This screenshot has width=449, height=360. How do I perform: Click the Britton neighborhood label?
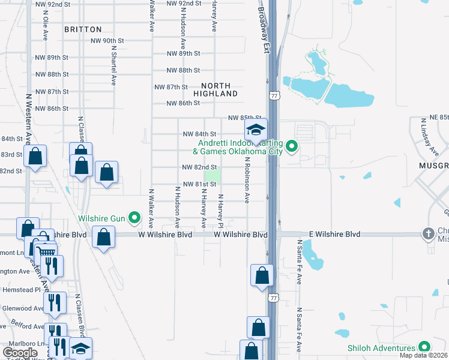83,29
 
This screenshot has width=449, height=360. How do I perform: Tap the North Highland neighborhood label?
215,90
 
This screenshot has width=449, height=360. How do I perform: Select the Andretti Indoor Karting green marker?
292,146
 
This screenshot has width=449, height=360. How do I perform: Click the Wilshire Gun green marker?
134,217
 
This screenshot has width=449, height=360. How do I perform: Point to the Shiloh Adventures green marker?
424,347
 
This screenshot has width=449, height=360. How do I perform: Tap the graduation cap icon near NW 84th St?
256,130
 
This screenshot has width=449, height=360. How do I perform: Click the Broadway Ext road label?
264,27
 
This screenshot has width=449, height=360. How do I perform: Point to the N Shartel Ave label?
113,66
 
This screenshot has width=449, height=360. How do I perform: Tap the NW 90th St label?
107,41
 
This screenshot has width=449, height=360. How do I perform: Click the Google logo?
20,353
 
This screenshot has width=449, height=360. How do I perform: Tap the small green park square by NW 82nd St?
212,176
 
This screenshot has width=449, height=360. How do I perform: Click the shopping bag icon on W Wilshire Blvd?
104,236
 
